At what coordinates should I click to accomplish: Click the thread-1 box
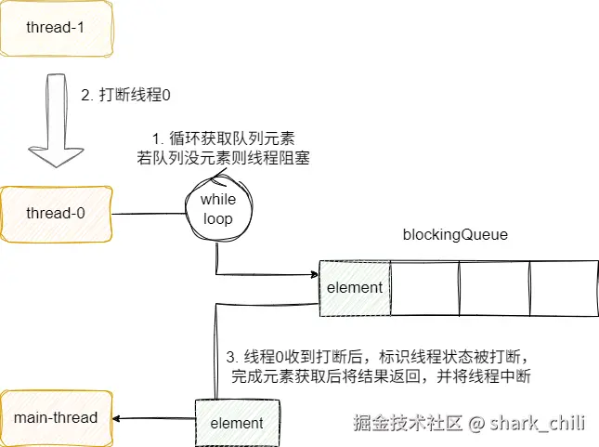click(56, 28)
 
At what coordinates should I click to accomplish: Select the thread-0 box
click(56, 214)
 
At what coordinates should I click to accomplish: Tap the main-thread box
click(56, 418)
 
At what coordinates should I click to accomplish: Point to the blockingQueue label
click(455, 234)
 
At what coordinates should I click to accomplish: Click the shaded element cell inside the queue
click(355, 288)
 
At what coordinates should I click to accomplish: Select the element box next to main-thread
click(237, 423)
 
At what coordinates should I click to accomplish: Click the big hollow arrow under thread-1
click(56, 121)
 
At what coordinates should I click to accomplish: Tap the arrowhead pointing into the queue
click(315, 274)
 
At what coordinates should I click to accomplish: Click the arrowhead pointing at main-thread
click(116, 419)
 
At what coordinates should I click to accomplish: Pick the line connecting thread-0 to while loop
click(149, 214)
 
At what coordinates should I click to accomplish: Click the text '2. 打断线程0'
click(125, 95)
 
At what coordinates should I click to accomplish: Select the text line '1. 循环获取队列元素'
click(224, 138)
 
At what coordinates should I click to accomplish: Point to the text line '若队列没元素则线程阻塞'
click(224, 158)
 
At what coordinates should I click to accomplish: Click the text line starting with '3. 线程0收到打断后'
click(377, 356)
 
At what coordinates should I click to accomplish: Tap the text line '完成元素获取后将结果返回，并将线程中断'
click(381, 376)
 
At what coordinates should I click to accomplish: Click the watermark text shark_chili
click(538, 423)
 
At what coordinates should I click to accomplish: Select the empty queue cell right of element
click(424, 289)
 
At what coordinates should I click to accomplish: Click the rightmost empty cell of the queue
click(565, 289)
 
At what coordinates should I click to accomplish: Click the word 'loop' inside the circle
click(218, 219)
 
